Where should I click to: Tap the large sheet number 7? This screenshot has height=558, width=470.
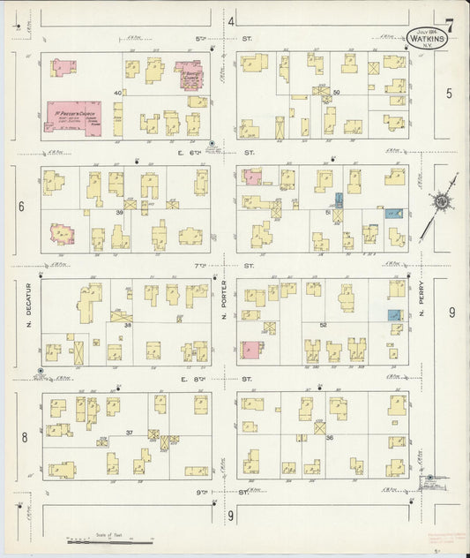coord(450,24)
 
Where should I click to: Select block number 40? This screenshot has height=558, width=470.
coord(116,93)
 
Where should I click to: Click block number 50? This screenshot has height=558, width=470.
coord(336,92)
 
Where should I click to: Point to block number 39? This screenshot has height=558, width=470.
coord(116,213)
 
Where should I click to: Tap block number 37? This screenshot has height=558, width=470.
coord(130,433)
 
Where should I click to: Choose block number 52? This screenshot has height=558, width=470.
coord(323,325)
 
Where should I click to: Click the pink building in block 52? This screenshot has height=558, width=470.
coord(251,350)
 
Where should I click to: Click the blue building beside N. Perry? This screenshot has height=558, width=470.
coord(394,314)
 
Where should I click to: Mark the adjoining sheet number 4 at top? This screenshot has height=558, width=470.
coord(231,20)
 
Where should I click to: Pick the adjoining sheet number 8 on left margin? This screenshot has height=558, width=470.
coord(25,437)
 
